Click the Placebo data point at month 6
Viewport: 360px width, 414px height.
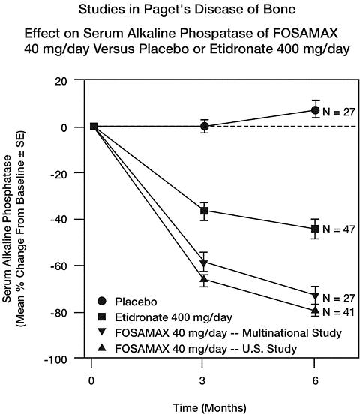point(315,110)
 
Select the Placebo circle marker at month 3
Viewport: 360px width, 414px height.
point(204,127)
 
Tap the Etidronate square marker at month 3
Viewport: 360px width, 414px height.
point(204,211)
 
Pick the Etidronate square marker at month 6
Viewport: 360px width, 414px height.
point(315,229)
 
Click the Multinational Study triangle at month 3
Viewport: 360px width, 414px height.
point(204,263)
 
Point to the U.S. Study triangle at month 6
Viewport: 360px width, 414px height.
point(315,310)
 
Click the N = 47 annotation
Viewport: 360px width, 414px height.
point(339,229)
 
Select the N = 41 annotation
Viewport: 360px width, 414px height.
point(338,312)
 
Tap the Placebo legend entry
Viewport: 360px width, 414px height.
point(127,301)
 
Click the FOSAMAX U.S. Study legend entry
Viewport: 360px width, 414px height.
point(197,349)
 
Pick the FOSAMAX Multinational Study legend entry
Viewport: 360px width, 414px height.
point(220,333)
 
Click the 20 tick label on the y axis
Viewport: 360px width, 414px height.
point(61,81)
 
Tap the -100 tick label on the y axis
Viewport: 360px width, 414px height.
point(56,359)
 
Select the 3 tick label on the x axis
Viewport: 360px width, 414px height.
point(202,381)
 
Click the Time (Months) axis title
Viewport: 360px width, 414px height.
point(209,407)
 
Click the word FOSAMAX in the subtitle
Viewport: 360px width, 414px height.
point(305,34)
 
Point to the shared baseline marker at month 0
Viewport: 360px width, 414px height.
point(94,127)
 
